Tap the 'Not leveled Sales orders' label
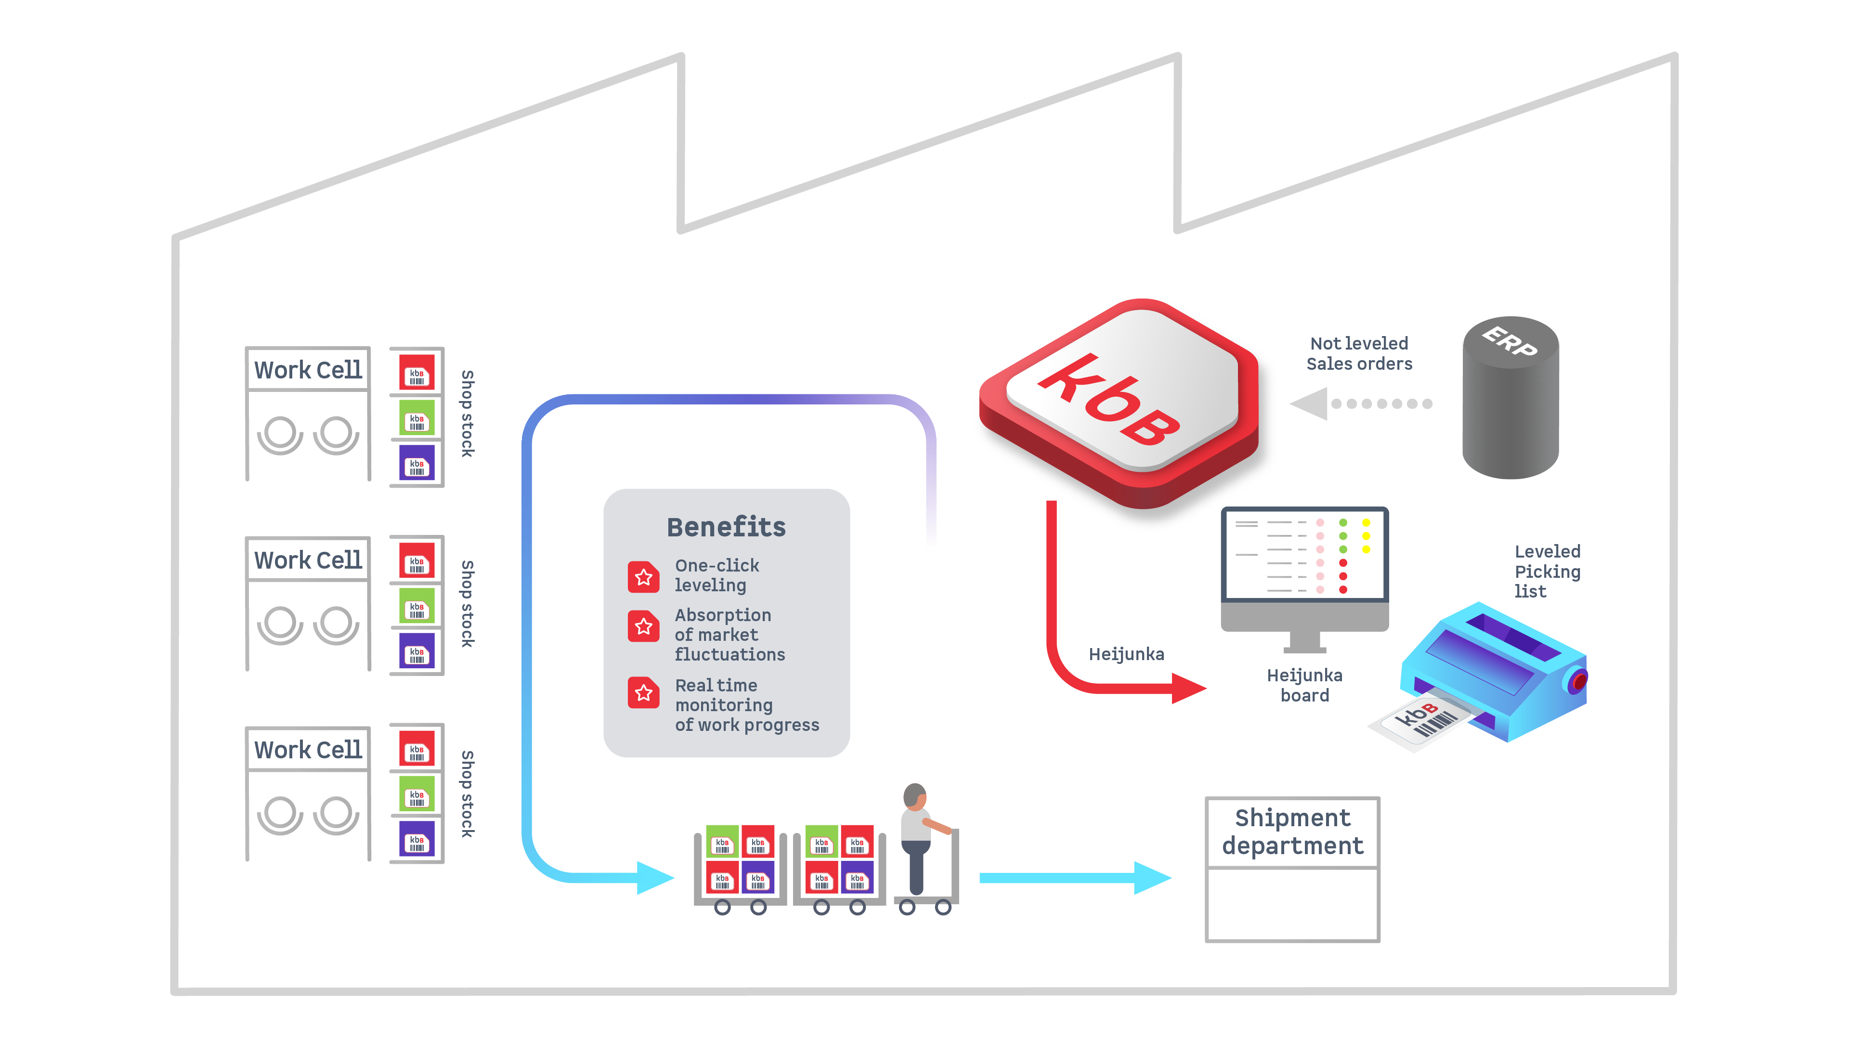coord(1359,353)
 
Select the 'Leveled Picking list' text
coord(1547,572)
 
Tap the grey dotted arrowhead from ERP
coord(1309,403)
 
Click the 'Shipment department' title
coord(1292,831)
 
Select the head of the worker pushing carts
coord(914,795)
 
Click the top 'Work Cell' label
coord(308,370)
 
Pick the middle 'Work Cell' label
coord(308,560)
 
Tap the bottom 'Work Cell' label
coord(308,749)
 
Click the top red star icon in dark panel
coord(644,577)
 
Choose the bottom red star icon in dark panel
coord(644,693)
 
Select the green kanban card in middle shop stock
coord(417,607)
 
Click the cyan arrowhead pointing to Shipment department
coord(1152,878)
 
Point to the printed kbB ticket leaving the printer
coord(1425,721)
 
